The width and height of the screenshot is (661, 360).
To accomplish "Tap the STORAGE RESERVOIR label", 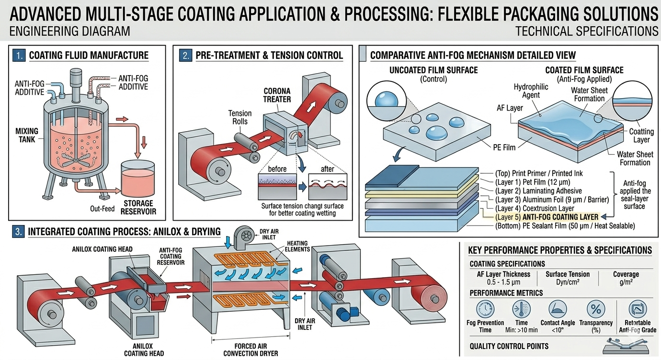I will [x=138, y=207].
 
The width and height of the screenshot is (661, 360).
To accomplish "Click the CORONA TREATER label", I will [x=277, y=95].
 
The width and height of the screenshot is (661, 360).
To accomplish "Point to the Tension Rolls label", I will [x=239, y=117].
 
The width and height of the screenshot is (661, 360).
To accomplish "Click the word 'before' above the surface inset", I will [x=277, y=169].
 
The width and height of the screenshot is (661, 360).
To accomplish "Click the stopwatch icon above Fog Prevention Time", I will [x=485, y=308].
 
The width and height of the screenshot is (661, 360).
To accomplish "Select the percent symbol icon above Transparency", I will [x=595, y=308].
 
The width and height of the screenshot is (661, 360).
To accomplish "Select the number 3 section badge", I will [x=19, y=232].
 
